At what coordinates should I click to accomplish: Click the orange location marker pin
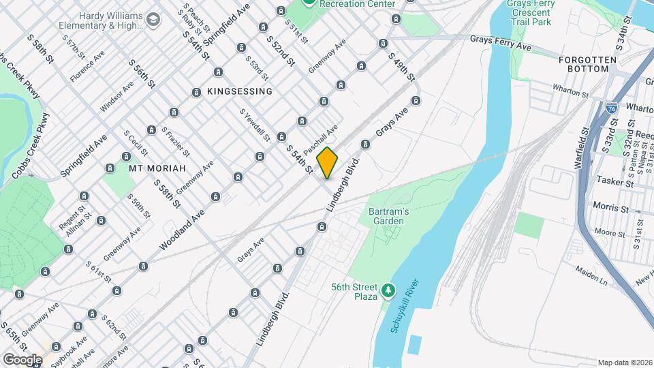tap(328, 162)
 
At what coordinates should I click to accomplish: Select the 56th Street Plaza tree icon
tap(388, 291)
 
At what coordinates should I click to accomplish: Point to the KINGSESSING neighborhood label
tap(240, 91)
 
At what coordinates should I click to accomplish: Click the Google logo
tap(22, 359)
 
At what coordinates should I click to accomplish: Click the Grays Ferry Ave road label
tap(501, 44)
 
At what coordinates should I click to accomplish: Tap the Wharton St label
tap(570, 92)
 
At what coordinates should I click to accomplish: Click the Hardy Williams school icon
tap(153, 19)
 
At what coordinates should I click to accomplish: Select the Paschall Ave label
tap(321, 138)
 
